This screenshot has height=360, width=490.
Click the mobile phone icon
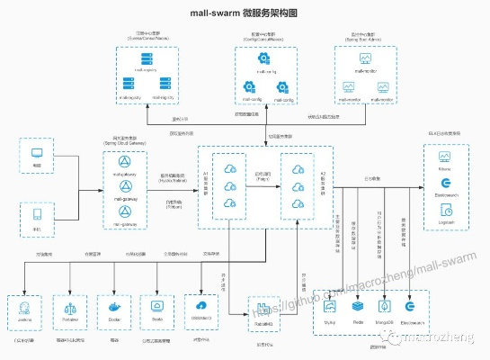point(37,214)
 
